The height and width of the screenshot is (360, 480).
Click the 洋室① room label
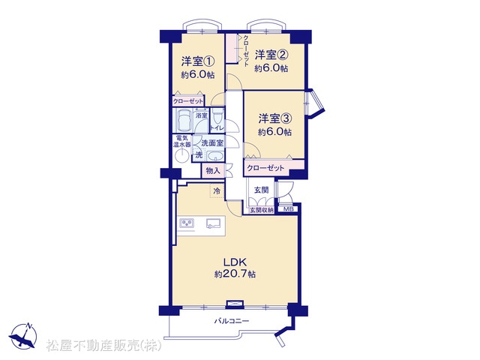coord(197,61)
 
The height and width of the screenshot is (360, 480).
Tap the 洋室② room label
coord(271,55)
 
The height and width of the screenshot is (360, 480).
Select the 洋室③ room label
coord(274,118)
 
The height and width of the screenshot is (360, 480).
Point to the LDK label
coord(235,262)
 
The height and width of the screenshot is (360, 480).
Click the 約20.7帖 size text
coord(235,274)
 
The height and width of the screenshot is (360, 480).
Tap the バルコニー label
coord(232,321)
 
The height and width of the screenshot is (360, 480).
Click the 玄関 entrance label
coord(262,190)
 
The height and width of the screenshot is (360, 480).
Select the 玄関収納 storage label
coord(262,210)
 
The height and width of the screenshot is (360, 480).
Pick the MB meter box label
coord(288,209)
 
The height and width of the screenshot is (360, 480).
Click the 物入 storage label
coord(213,170)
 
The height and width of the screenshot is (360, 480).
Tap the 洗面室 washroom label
coord(212,142)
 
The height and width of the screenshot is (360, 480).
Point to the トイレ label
coord(217,128)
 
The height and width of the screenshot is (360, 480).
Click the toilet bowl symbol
coord(217,116)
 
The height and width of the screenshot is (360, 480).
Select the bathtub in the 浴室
coord(182,120)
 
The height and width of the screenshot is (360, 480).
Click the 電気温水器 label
coord(181,141)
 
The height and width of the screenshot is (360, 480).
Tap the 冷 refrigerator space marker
coord(217,191)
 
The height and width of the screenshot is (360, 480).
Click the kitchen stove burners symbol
coord(187,223)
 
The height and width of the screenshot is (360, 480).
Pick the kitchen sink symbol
coord(213,223)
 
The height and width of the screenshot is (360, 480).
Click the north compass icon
coord(23,335)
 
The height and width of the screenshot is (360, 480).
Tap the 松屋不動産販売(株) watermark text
coord(103,345)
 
